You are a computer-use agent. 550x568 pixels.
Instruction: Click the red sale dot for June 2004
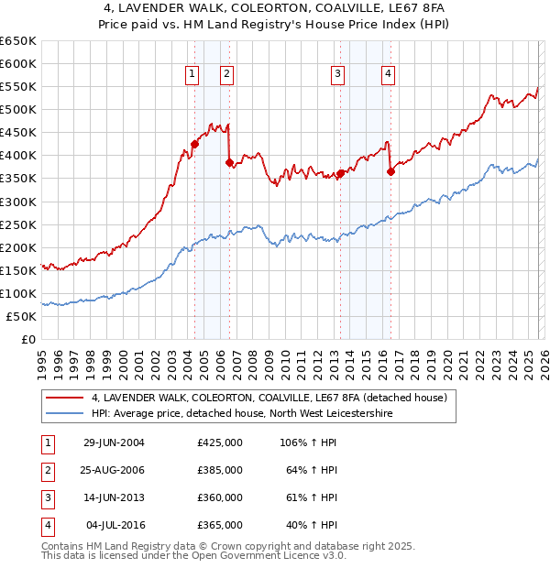pos(194,144)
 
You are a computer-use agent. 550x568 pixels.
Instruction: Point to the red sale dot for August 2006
pos(229,162)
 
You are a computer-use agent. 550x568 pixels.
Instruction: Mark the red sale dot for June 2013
pos(340,173)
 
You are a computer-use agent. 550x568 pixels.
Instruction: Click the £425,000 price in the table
pos(219,442)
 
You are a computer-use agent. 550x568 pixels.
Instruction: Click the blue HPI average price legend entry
pos(242,413)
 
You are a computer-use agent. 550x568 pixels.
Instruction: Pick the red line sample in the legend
pos(63,398)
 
